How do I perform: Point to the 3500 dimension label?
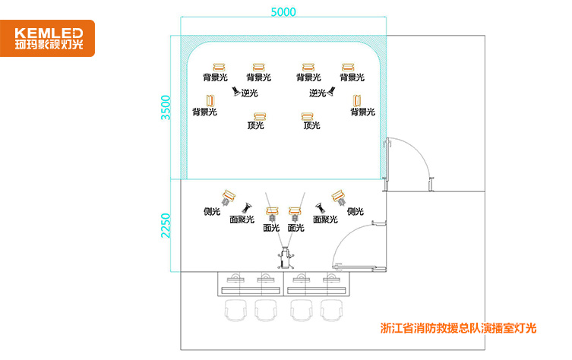click(166, 107)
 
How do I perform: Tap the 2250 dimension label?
click(166, 225)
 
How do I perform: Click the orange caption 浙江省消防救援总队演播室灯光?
click(458, 329)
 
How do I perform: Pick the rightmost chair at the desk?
click(331, 310)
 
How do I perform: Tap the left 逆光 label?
click(249, 93)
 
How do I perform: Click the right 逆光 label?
click(318, 93)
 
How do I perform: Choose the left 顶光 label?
click(256, 125)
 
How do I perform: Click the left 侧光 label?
click(212, 211)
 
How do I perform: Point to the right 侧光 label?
click(355, 211)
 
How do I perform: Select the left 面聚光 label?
click(242, 219)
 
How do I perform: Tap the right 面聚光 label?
click(325, 219)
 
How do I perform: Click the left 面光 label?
click(270, 227)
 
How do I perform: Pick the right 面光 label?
click(296, 227)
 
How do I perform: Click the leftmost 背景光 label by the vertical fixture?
click(204, 112)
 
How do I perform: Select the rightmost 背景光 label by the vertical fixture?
click(362, 112)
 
